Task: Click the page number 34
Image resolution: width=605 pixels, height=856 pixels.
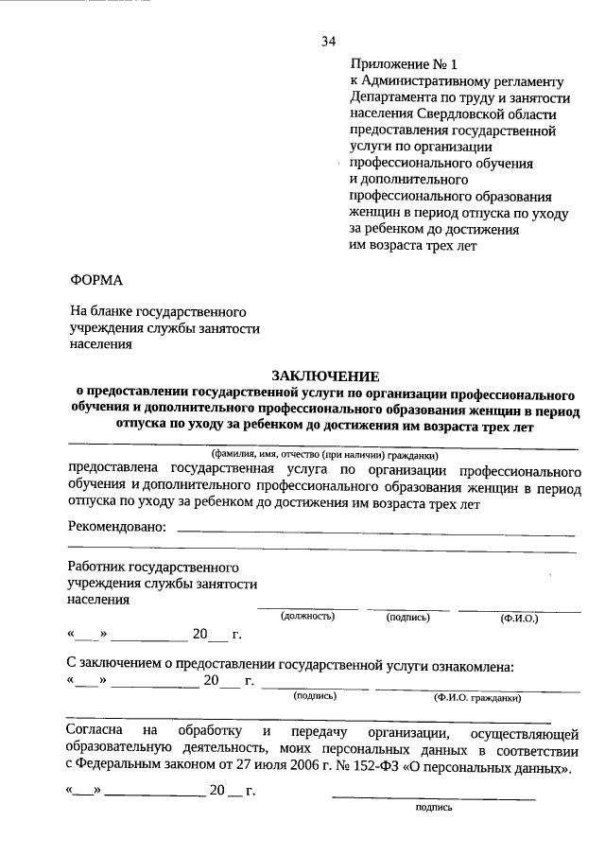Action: pos(329,40)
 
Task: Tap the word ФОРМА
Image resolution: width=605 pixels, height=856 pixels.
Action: pos(96,280)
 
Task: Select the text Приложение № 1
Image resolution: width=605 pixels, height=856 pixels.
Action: pos(403,65)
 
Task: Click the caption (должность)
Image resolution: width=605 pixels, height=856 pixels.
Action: pos(308,617)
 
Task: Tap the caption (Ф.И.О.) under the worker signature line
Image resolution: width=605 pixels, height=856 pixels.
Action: pos(519,618)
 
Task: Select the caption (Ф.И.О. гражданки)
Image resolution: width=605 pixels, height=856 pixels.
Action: pos(477,697)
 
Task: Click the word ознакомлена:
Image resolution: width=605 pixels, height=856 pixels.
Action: pos(471,666)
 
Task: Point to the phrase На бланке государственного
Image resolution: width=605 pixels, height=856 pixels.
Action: pos(159,311)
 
